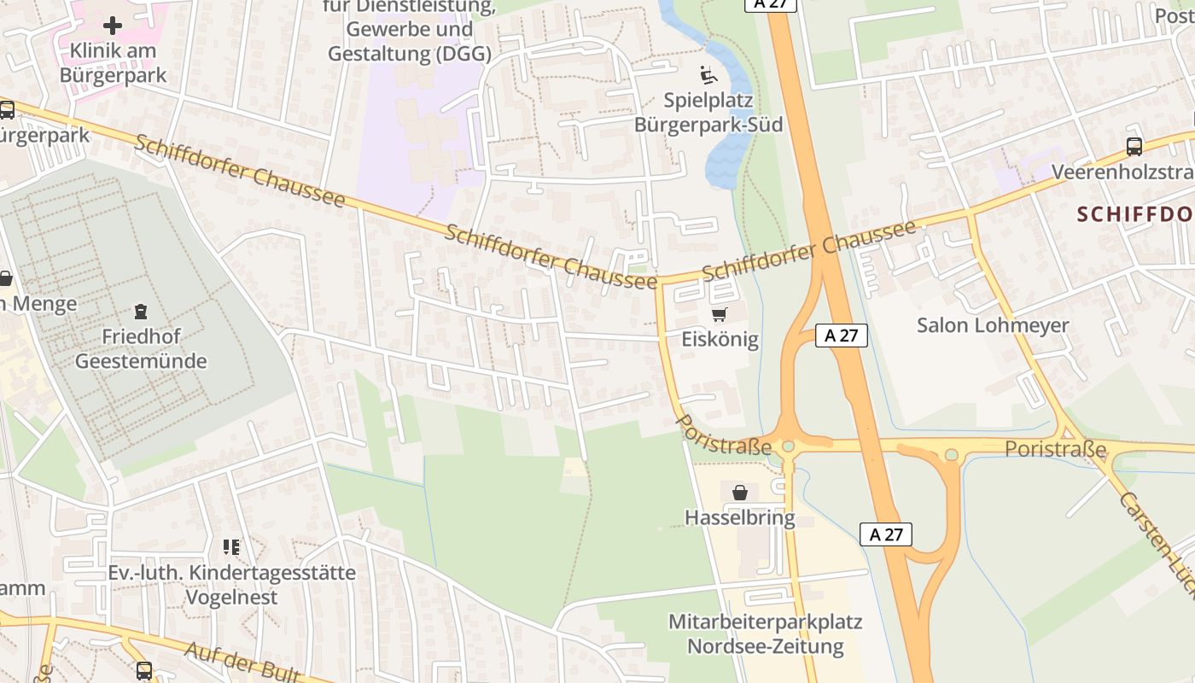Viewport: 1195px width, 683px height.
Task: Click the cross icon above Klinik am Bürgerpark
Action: [113, 25]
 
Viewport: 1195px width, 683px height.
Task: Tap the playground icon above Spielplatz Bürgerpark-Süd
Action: [708, 76]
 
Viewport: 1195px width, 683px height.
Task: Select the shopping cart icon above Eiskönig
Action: [720, 315]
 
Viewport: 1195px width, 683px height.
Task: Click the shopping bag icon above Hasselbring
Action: [740, 493]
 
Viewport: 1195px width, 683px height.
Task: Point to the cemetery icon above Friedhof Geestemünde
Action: [141, 312]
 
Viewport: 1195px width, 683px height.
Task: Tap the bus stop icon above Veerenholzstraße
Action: [1134, 147]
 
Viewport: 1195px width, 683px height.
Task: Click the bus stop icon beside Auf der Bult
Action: [144, 671]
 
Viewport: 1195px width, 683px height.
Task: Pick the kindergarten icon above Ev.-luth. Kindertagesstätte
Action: [231, 546]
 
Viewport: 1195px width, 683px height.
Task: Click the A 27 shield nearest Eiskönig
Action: [841, 336]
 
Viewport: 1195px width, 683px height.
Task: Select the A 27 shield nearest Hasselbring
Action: [885, 534]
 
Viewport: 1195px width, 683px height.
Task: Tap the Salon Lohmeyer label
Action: [993, 325]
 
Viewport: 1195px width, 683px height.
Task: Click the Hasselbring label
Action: [740, 517]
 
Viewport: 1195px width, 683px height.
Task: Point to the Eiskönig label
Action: [720, 339]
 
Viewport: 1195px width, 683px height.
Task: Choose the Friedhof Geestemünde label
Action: [141, 348]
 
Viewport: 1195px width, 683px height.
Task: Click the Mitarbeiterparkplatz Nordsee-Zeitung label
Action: [765, 633]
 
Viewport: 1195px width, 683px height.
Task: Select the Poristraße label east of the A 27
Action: [1055, 449]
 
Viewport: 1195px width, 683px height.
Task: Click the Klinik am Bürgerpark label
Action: [113, 62]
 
